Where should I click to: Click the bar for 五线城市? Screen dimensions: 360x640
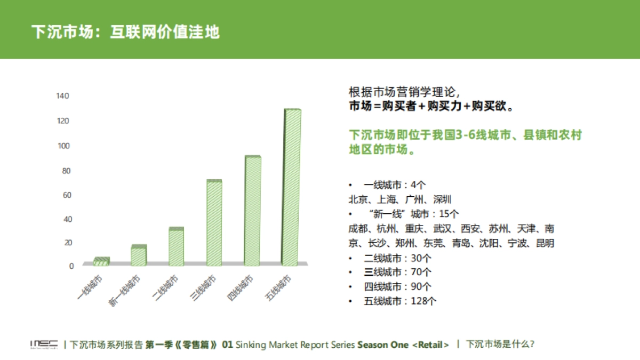point(292,187)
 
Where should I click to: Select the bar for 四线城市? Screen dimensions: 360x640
point(253,211)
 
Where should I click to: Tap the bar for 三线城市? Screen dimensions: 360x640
point(214,223)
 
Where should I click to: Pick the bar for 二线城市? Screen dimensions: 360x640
point(176,246)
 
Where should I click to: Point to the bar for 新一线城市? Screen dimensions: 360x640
point(138,255)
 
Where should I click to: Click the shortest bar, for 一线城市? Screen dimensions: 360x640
point(101,261)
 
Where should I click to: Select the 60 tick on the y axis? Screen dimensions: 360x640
point(65,195)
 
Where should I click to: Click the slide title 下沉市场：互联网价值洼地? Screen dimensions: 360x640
point(125,31)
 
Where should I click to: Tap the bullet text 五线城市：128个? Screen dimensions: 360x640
point(401,301)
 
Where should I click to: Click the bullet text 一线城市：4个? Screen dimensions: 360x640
point(395,185)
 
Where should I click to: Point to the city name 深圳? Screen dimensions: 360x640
point(442,199)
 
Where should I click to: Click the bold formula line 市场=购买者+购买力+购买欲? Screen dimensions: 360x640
point(431,106)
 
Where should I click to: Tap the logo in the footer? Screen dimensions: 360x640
point(44,345)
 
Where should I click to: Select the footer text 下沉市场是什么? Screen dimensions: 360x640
point(500,344)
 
